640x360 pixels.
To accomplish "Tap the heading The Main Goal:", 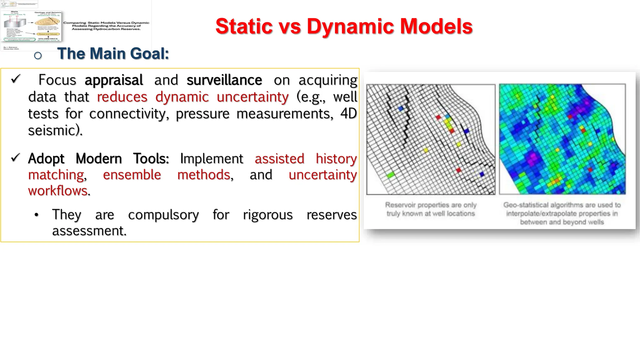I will pyautogui.click(x=113, y=53).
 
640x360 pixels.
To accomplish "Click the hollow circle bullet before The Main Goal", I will pyautogui.click(x=38, y=56).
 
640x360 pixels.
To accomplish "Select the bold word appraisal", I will pyautogui.click(x=114, y=80).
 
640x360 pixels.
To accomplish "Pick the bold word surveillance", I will pyautogui.click(x=224, y=80).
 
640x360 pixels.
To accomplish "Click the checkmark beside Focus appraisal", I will pyautogui.click(x=16, y=79).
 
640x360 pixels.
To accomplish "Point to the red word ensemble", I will pyautogui.click(x=132, y=175).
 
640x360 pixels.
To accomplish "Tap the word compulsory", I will pyautogui.click(x=163, y=215).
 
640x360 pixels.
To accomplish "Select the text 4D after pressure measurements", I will pyautogui.click(x=348, y=113).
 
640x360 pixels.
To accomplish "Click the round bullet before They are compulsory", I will pyautogui.click(x=37, y=215).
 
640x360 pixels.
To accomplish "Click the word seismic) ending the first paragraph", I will pyautogui.click(x=55, y=130).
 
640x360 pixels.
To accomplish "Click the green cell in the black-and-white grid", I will pyautogui.click(x=391, y=175).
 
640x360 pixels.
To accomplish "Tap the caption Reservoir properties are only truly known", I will pyautogui.click(x=431, y=209).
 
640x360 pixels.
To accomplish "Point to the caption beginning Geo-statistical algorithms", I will pyautogui.click(x=562, y=213).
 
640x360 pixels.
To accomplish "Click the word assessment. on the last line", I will pyautogui.click(x=89, y=231).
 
